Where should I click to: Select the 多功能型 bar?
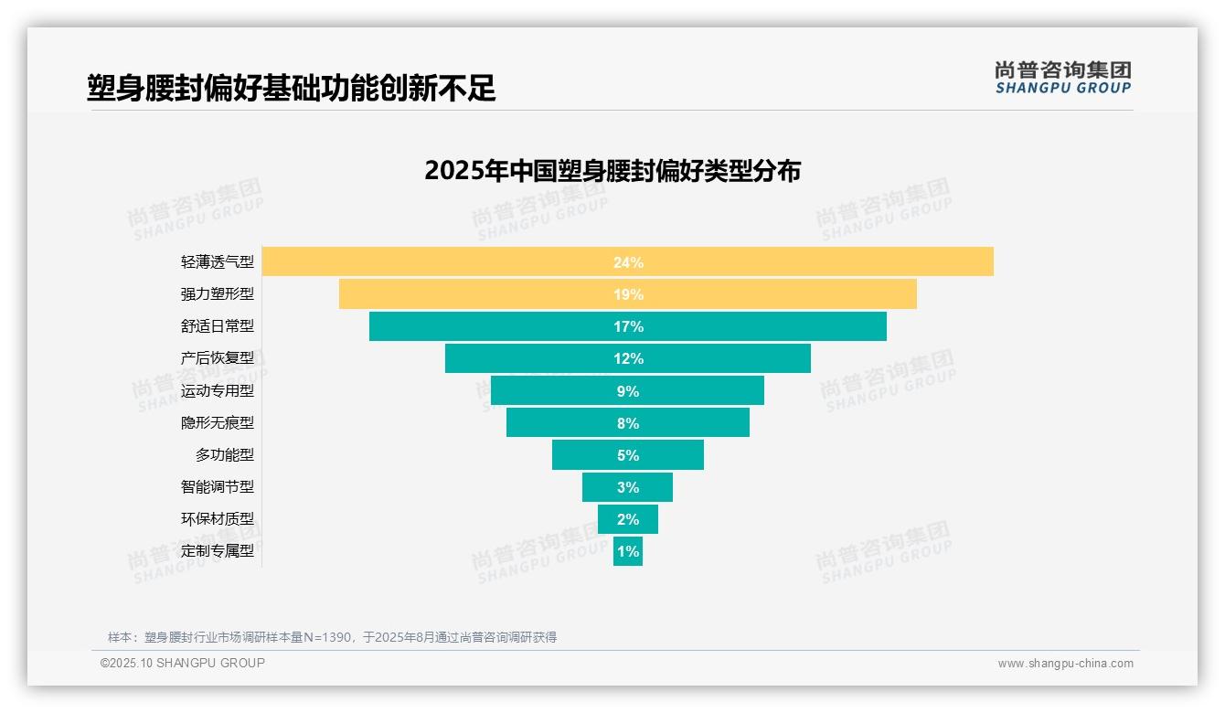[x=585, y=455]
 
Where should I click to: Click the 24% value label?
[x=628, y=262]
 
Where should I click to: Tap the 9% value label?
[x=628, y=391]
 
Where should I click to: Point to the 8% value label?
[x=628, y=423]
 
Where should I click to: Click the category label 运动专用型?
[x=218, y=391]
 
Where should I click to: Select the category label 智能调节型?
[x=218, y=487]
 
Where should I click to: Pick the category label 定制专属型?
[x=218, y=551]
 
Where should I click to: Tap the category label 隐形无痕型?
[x=218, y=423]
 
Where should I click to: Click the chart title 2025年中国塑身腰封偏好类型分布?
[x=612, y=171]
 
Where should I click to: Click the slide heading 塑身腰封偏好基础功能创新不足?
[x=292, y=88]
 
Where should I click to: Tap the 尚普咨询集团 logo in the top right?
[x=1062, y=78]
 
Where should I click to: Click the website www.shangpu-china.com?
[x=1065, y=664]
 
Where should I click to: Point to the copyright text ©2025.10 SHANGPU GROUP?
[x=183, y=663]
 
